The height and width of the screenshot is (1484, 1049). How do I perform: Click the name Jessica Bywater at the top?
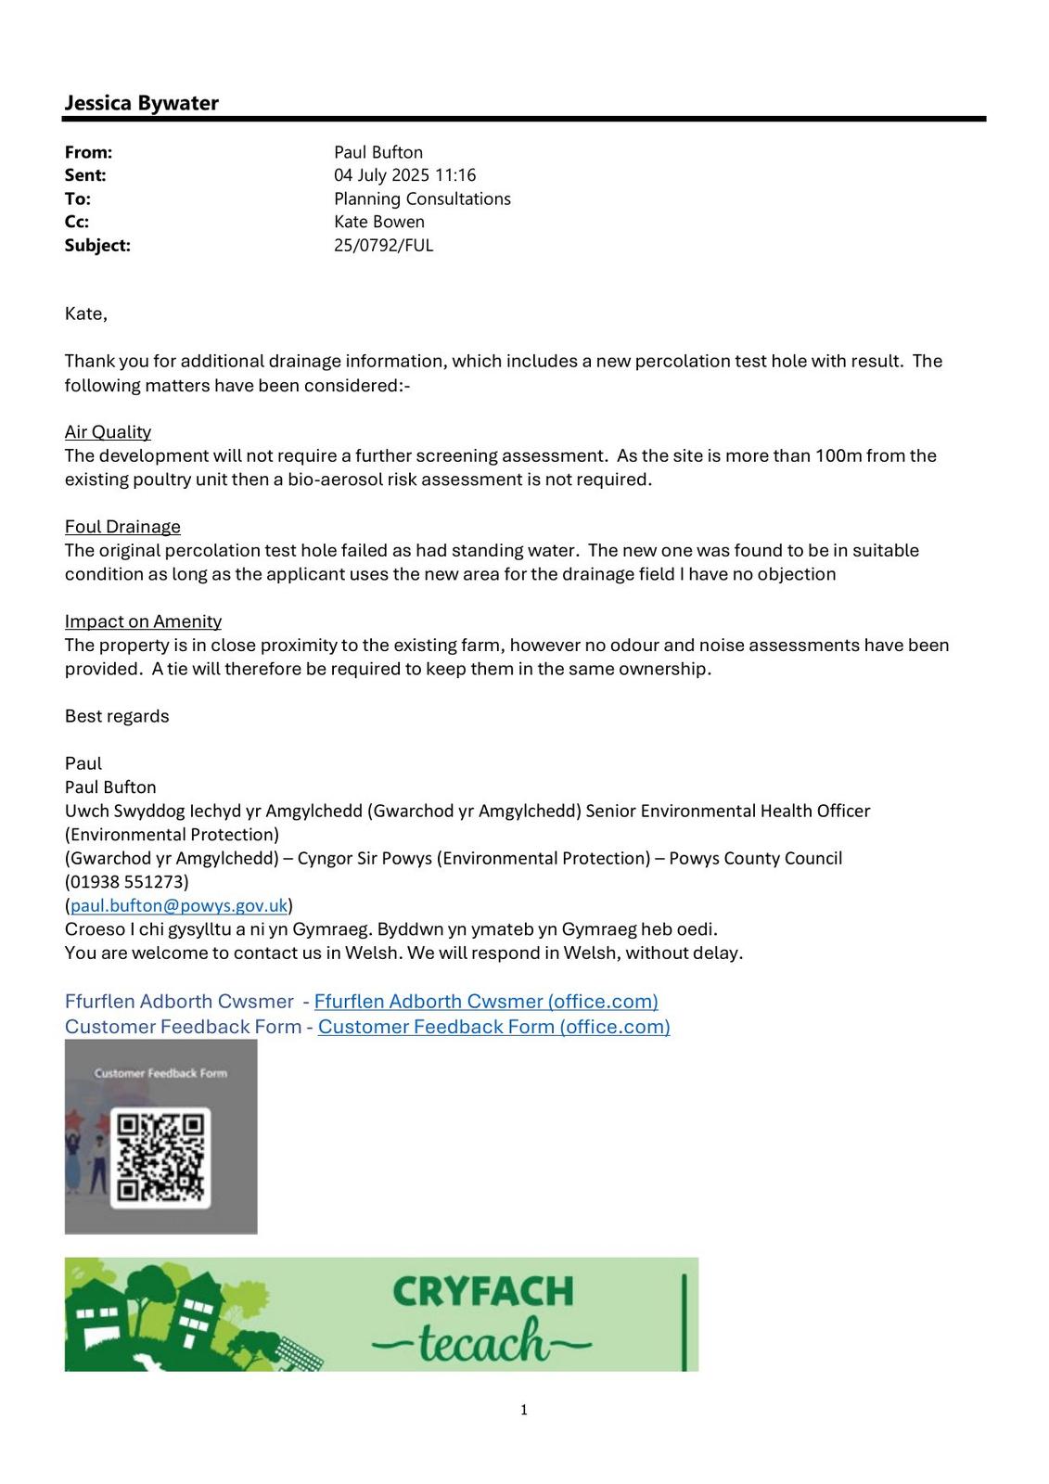pos(141,103)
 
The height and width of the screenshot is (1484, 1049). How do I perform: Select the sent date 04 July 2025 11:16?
pos(404,175)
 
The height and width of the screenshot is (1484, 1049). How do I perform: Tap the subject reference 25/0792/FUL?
pos(383,246)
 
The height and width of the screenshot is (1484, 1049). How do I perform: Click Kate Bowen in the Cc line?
pos(378,222)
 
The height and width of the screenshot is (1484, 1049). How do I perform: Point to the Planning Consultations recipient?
pos(422,198)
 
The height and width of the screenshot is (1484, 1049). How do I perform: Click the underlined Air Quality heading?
pos(108,432)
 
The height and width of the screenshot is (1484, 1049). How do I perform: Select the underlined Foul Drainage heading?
pos(122,527)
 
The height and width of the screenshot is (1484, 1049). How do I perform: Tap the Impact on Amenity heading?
pos(143,621)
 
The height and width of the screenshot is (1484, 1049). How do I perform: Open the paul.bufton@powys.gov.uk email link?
pos(179,905)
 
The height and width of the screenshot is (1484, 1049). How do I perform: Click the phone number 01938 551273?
pos(127,882)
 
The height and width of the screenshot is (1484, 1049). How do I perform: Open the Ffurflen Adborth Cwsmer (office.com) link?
pos(486,1002)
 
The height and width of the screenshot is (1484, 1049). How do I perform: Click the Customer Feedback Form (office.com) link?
pos(493,1027)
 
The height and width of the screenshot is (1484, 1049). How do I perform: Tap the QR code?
pos(160,1158)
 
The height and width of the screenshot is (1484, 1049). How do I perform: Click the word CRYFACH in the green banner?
pos(482,1292)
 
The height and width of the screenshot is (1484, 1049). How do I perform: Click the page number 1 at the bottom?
pos(524,1411)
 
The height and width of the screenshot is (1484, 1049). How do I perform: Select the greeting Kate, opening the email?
pos(86,313)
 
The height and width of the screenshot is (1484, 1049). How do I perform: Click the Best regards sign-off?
pos(117,716)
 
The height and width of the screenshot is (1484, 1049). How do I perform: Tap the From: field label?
pos(88,152)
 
